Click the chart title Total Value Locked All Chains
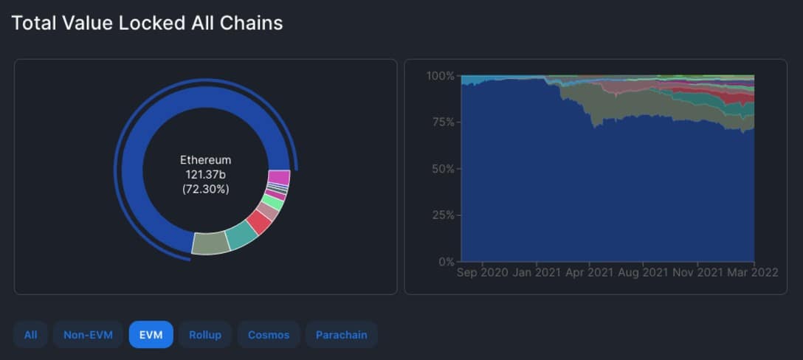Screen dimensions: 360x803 147,23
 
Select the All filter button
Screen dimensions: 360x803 30,334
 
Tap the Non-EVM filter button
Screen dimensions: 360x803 88,334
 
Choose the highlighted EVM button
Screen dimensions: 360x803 151,334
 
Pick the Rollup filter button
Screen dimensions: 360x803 204,334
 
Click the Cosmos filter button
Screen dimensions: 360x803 269,334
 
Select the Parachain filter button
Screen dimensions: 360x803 341,334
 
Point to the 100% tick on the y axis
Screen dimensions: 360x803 441,76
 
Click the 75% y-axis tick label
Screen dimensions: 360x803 443,122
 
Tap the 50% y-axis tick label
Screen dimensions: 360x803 443,169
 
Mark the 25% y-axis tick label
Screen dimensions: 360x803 443,215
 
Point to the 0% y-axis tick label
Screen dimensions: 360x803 445,261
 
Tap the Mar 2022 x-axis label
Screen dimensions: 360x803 751,273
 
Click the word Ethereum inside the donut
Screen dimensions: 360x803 205,160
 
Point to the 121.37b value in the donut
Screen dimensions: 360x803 205,174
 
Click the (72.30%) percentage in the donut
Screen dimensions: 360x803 205,189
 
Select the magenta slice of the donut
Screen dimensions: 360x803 279,178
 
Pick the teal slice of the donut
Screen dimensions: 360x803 241,235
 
